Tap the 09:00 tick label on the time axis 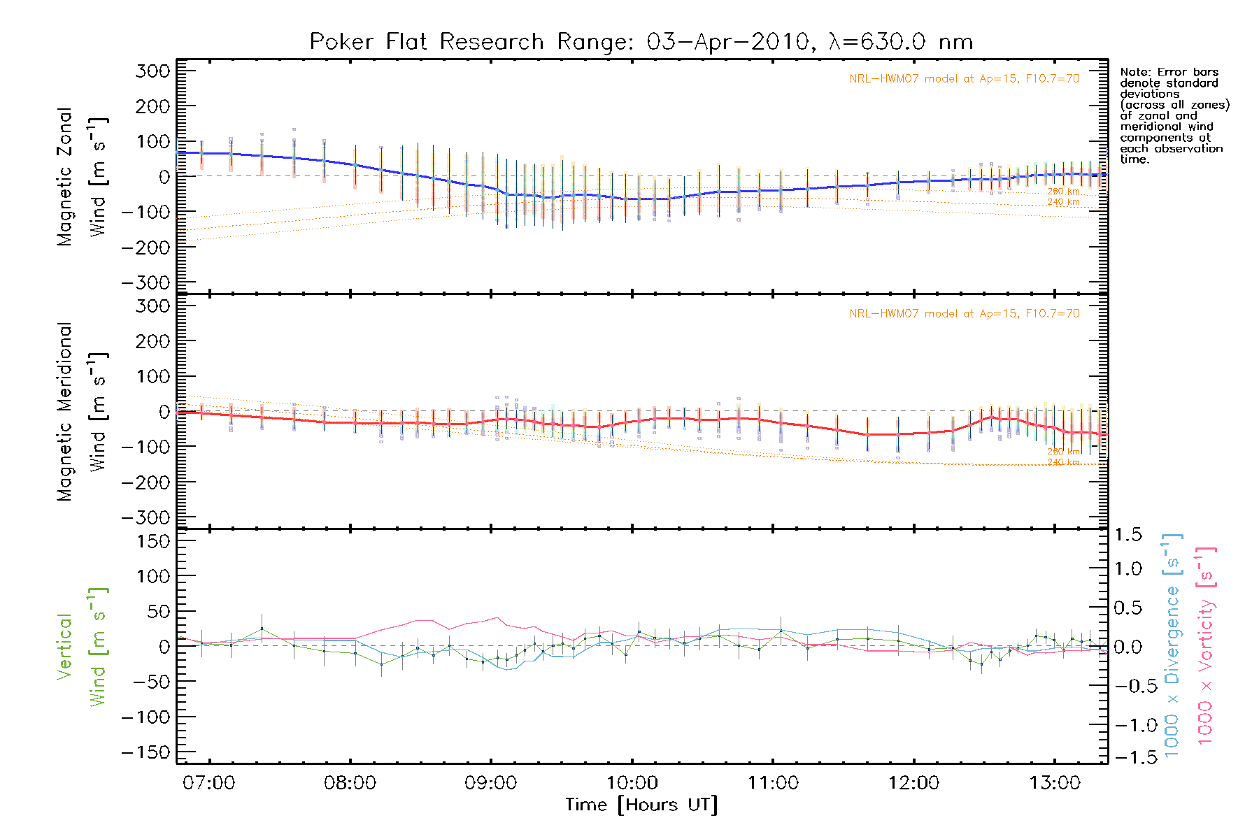pos(490,783)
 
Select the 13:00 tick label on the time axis pos(1054,783)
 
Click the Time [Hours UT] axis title pos(641,805)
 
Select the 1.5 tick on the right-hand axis pos(1128,535)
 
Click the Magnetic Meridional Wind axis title pos(83,412)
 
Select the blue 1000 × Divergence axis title pos(1172,645)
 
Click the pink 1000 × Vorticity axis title pos(1206,645)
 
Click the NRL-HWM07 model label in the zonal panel pos(965,79)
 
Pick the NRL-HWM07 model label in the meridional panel pos(965,314)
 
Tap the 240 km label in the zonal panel pos(1063,203)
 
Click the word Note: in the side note pos(1134,73)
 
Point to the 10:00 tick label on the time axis pos(632,783)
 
